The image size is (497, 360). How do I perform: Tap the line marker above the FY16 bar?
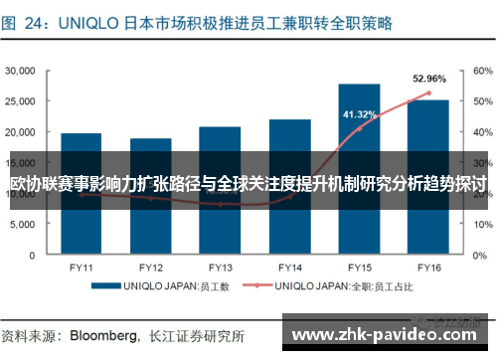coord(428,93)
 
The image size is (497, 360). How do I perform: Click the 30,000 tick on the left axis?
coord(21,71)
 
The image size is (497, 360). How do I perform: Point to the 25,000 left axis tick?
coord(21,101)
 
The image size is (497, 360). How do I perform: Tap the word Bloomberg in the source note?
coord(101,333)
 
